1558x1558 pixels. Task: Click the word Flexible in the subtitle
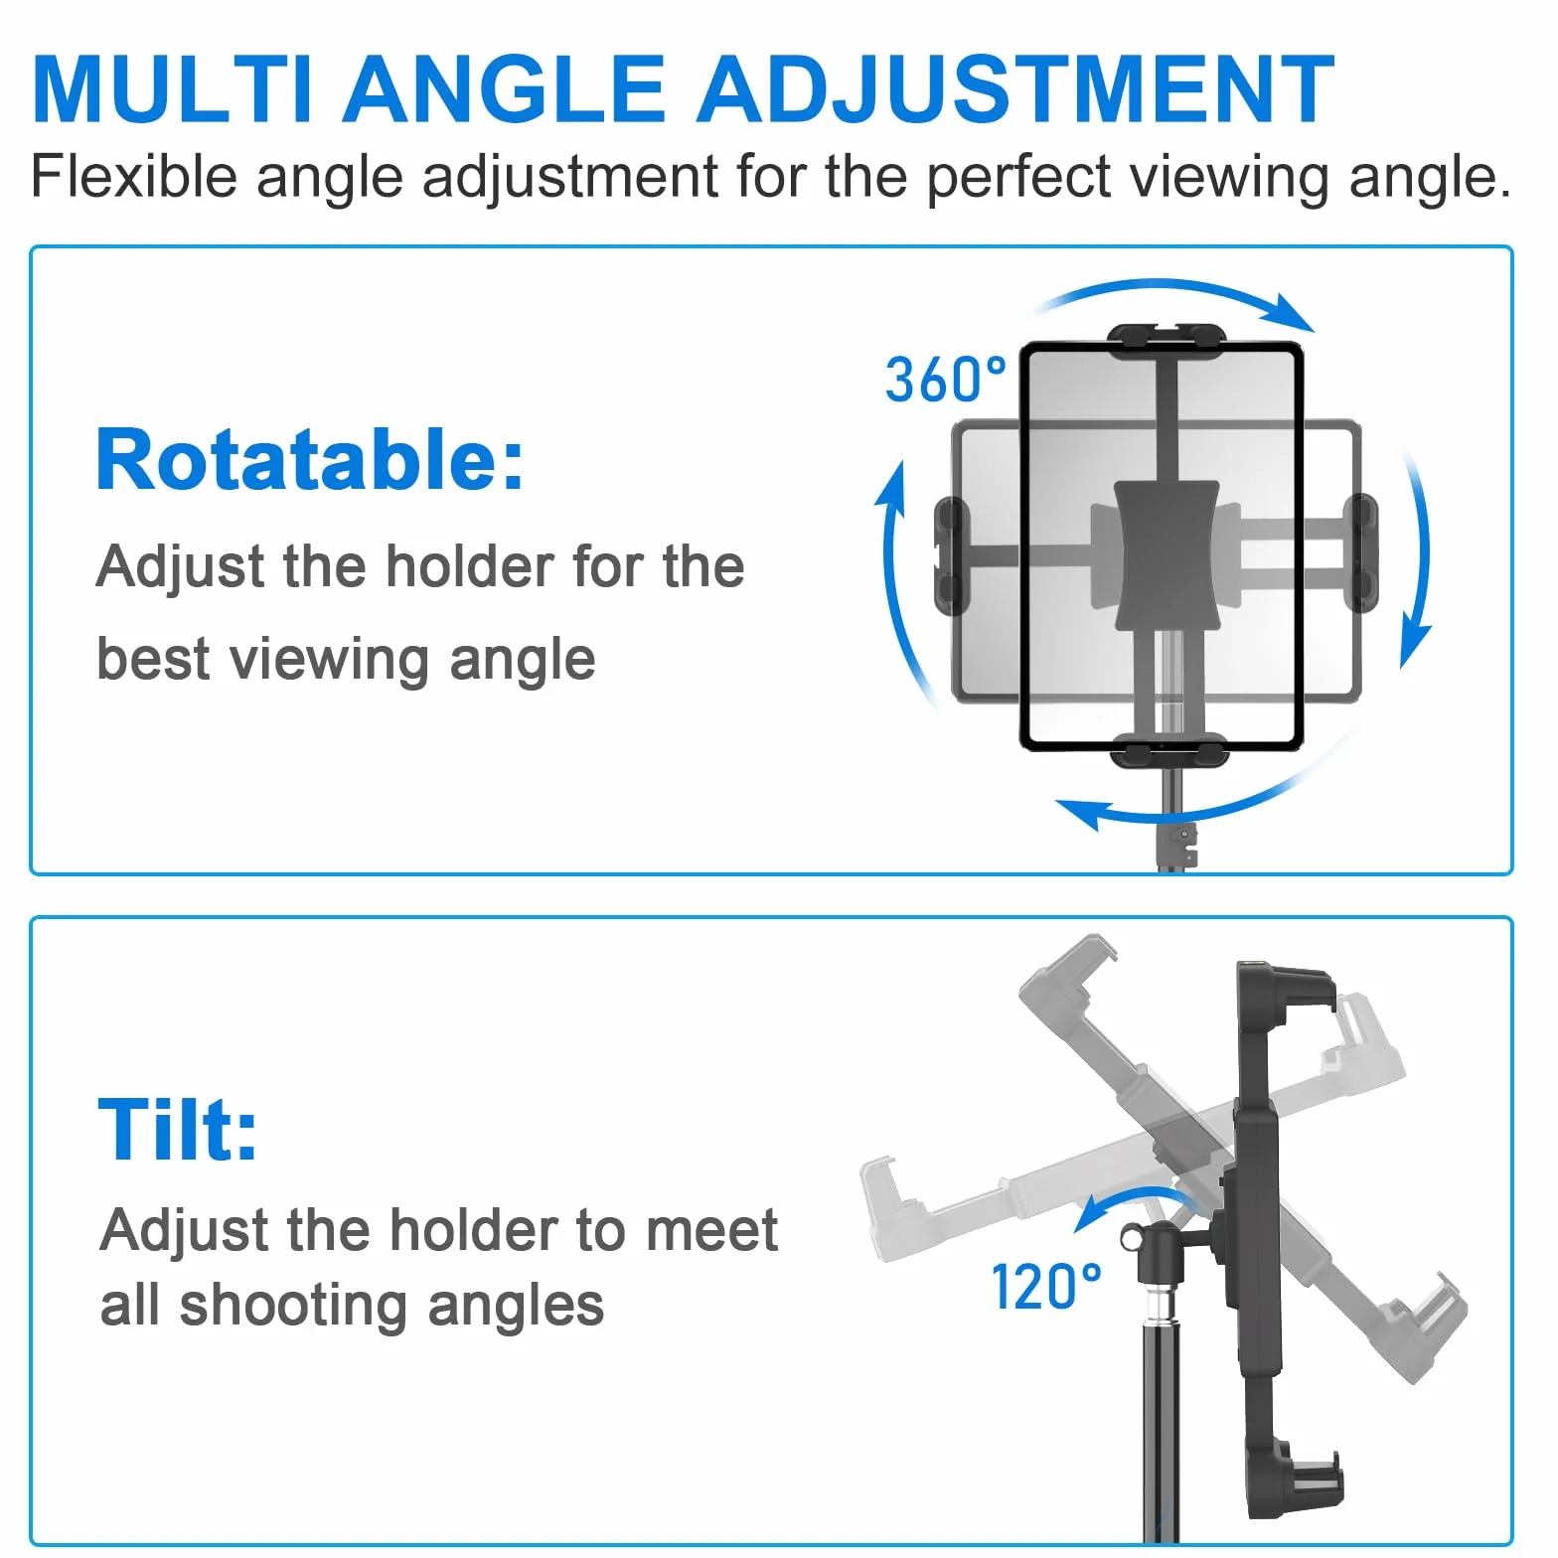click(x=134, y=177)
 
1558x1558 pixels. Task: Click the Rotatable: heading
click(x=310, y=460)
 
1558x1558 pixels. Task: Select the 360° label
click(x=945, y=380)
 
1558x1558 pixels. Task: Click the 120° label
click(x=1046, y=1287)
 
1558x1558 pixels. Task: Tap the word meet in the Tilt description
click(x=711, y=1231)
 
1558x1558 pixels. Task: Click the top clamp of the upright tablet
click(x=1167, y=340)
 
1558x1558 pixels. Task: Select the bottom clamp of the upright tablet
click(x=1169, y=751)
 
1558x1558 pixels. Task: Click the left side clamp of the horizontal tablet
click(x=951, y=556)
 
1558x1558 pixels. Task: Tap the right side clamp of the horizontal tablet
click(x=1360, y=553)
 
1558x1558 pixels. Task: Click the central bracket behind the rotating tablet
click(x=1167, y=556)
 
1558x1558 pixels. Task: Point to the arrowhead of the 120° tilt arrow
click(x=1091, y=1213)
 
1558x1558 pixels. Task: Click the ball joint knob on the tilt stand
click(x=1132, y=1238)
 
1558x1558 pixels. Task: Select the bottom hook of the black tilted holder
click(x=1302, y=1480)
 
